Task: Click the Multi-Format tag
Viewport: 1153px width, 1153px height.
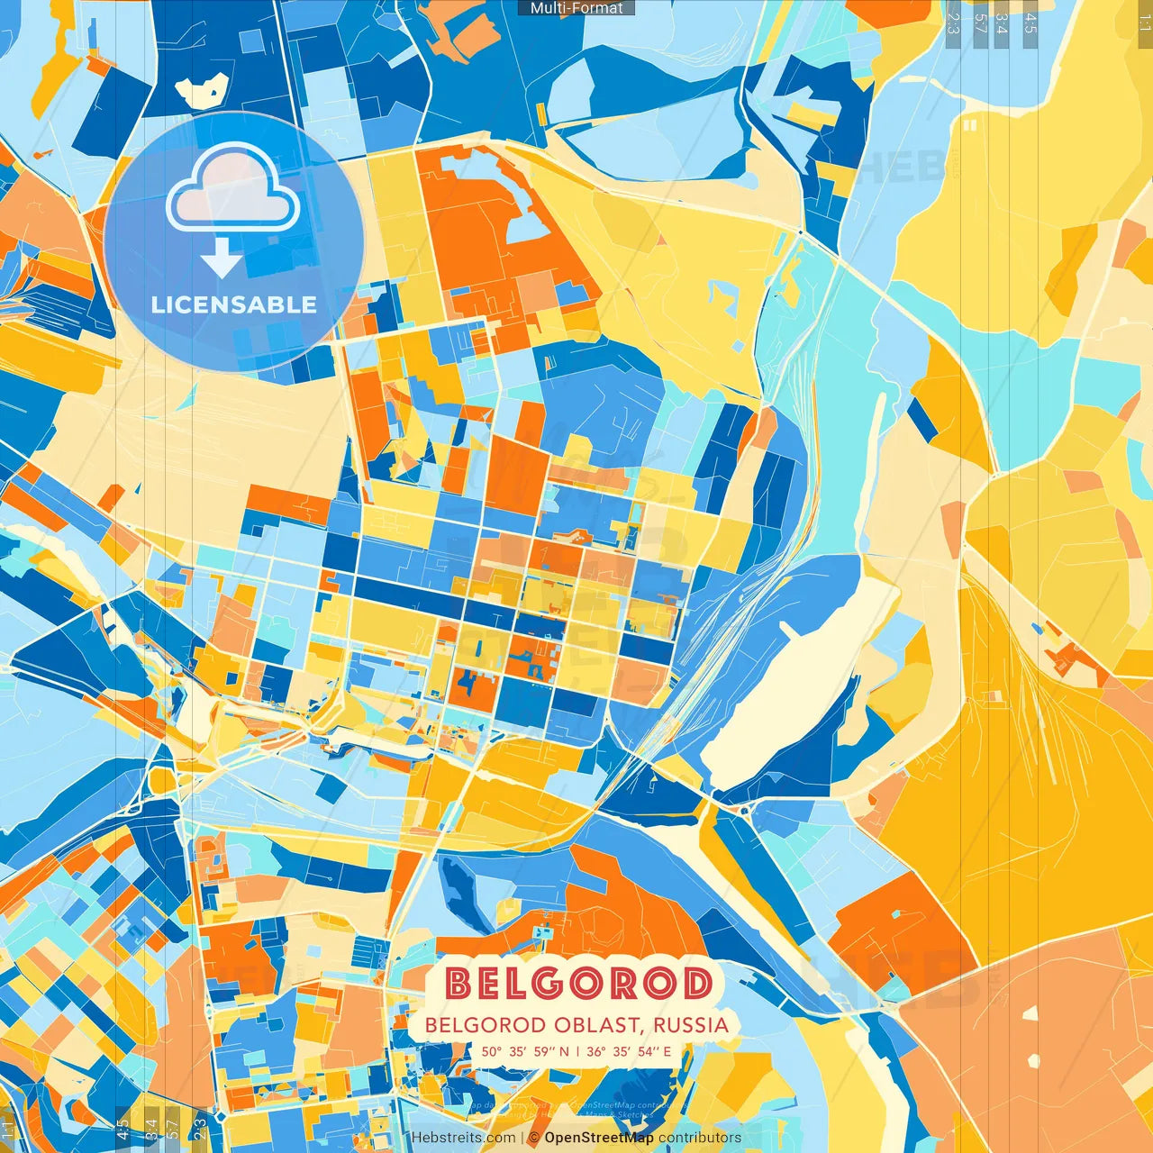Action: coord(576,8)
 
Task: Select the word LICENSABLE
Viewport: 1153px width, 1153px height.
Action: coord(234,304)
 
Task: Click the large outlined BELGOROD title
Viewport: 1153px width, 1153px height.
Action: coord(579,984)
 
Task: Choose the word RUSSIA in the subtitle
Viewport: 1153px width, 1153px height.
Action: coord(691,1025)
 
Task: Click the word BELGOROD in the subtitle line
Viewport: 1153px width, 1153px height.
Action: coord(485,1025)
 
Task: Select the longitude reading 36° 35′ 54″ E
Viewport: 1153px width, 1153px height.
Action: coord(629,1051)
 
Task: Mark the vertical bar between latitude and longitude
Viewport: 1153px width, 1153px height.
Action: coord(577,1051)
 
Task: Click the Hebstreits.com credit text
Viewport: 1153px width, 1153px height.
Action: coord(464,1138)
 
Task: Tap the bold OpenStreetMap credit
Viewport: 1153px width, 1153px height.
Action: coord(599,1138)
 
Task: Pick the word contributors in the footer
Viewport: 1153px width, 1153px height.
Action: coord(700,1138)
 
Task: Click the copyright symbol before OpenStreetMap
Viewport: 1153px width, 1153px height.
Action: coord(535,1138)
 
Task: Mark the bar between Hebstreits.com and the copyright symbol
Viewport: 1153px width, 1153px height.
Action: coord(522,1138)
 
